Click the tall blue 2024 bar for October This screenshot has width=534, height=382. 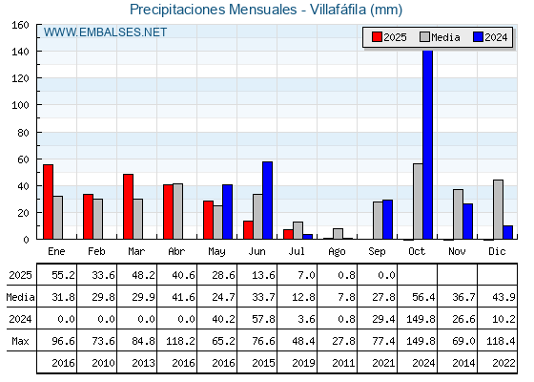click(x=428, y=144)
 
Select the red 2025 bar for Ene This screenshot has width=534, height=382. click(x=48, y=202)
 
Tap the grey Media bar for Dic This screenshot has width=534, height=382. click(x=498, y=209)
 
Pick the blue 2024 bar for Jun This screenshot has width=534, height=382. click(x=267, y=201)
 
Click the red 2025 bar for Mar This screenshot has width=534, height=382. click(x=128, y=206)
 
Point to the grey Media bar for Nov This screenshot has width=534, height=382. click(x=458, y=214)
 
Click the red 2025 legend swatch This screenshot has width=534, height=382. click(x=377, y=37)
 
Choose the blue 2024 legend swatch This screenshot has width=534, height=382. click(x=478, y=37)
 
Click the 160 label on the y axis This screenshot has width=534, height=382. click(x=20, y=25)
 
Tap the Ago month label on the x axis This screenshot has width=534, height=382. click(x=337, y=252)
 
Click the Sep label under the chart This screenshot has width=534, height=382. click(x=377, y=252)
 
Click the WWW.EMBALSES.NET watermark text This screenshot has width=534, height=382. click(x=105, y=32)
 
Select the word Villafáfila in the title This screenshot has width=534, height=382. click(x=338, y=10)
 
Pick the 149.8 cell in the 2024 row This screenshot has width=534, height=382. click(x=421, y=319)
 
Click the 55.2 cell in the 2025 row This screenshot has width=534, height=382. click(x=63, y=275)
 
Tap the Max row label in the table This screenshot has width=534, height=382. click(x=20, y=341)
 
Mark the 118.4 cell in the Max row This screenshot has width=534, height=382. click(x=501, y=341)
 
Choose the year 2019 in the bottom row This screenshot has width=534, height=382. click(x=303, y=363)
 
